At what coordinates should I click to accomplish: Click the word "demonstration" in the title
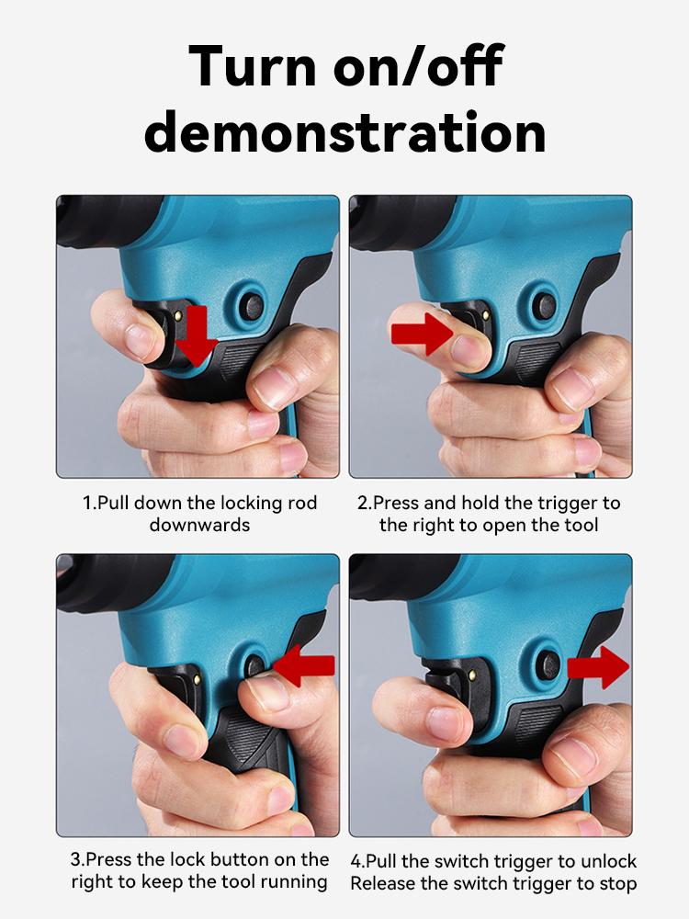click(345, 131)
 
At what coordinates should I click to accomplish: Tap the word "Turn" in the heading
click(254, 65)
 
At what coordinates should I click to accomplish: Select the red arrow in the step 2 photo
click(422, 335)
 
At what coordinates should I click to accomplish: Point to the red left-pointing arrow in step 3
click(304, 665)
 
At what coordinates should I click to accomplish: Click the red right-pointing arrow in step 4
click(598, 667)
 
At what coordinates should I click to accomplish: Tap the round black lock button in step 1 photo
click(252, 306)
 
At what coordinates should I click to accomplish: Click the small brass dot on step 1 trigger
click(177, 316)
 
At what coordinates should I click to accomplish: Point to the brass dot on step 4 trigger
click(471, 675)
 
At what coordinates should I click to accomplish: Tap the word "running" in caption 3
click(294, 881)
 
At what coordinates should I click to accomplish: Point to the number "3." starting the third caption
click(77, 859)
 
